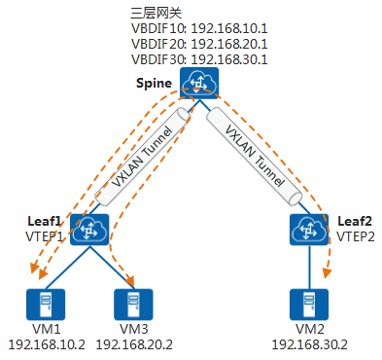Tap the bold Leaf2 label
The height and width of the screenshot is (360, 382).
point(354,221)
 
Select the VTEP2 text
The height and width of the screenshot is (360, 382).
point(354,236)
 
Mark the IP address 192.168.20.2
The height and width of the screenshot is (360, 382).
point(135,344)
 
